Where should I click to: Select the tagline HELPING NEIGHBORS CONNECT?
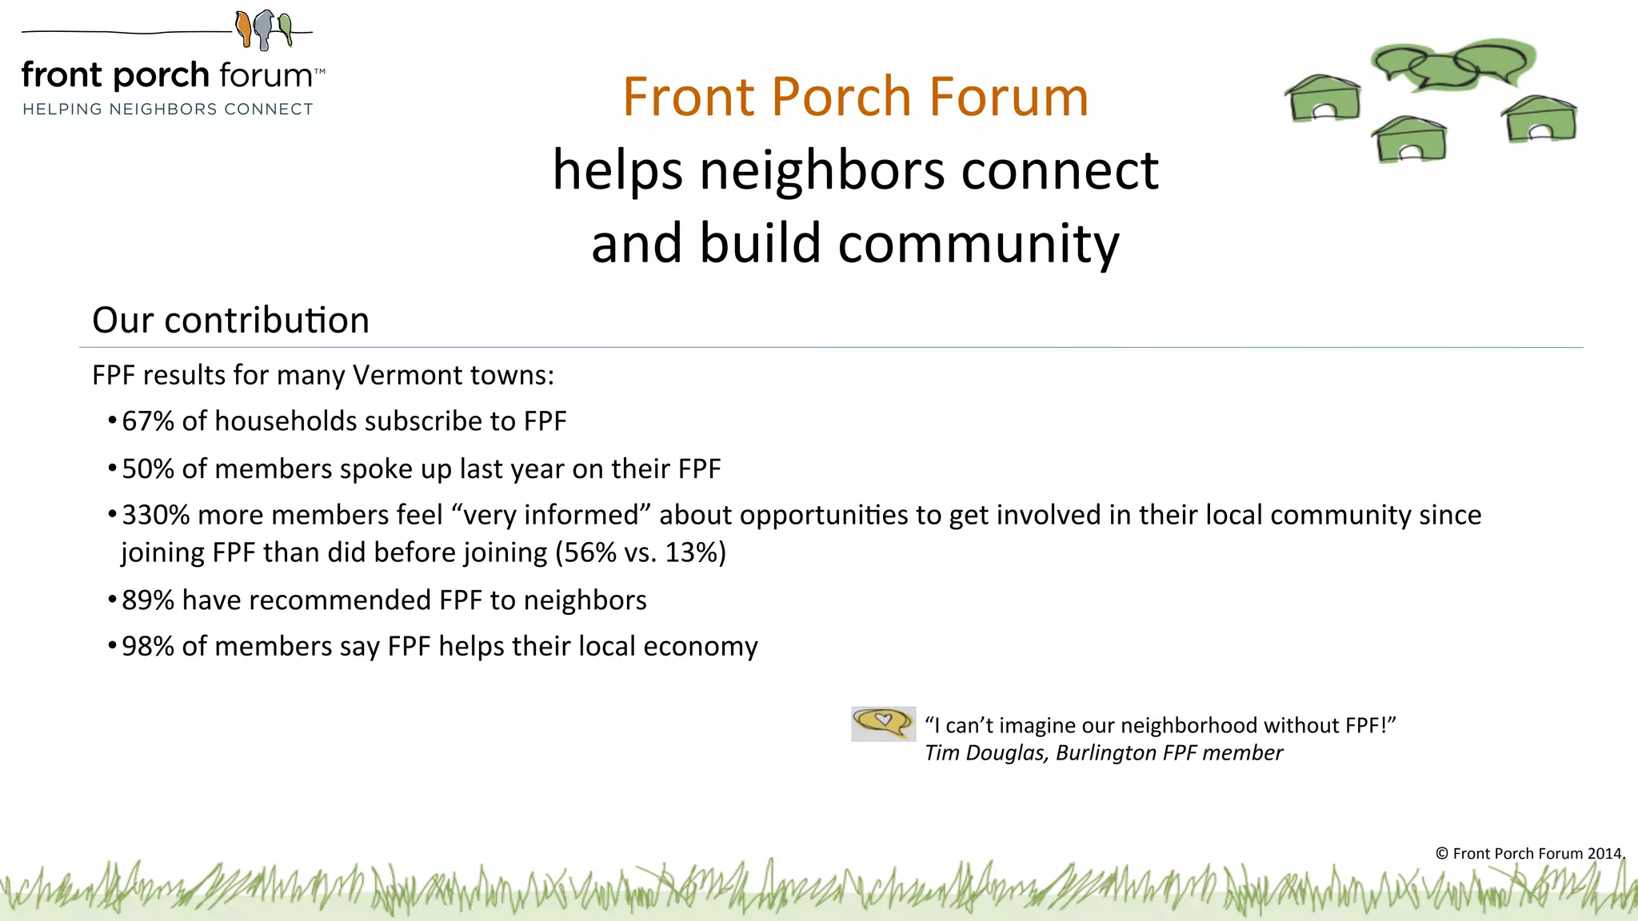coord(168,109)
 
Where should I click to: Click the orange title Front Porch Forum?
coord(856,97)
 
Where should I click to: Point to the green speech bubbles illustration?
coord(1453,65)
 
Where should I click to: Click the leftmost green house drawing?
coord(1323,98)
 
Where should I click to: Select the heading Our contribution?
coord(230,320)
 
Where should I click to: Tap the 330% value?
coord(156,515)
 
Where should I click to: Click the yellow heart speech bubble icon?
coord(883,723)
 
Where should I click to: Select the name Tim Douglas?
coord(985,753)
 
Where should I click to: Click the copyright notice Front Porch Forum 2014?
coord(1529,853)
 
